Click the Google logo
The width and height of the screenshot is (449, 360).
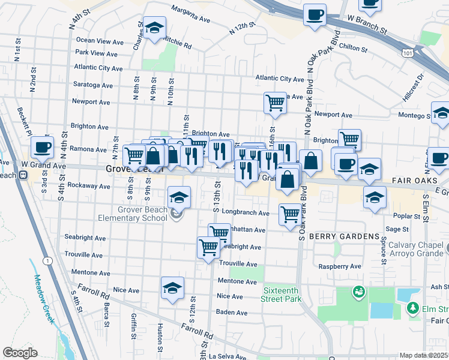[x=20, y=353]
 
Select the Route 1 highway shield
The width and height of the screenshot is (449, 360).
[x=47, y=261]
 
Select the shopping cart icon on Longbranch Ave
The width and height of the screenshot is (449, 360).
[x=290, y=214]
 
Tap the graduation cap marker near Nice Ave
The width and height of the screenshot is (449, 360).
[x=172, y=287]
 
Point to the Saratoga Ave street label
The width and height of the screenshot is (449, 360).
[x=92, y=86]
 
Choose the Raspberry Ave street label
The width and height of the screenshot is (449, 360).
[x=339, y=266]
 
